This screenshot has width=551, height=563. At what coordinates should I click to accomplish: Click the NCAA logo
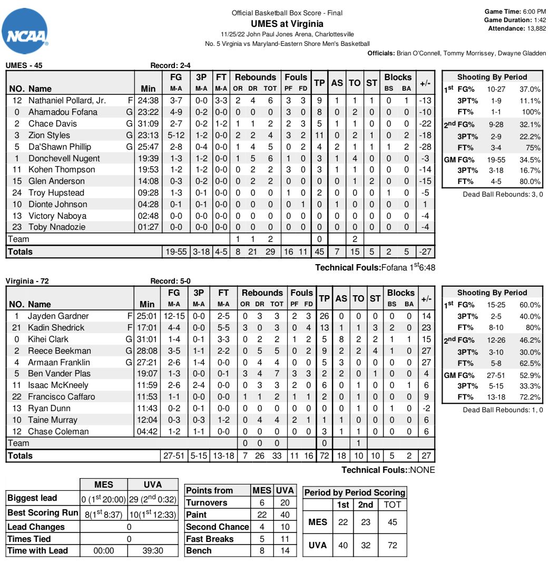[25, 31]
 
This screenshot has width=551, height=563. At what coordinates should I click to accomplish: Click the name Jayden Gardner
[58, 316]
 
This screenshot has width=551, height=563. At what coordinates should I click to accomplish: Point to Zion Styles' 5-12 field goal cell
[175, 135]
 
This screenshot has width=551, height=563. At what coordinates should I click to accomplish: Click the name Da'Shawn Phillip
[60, 147]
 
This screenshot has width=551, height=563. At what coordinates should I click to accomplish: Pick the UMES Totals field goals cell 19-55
[175, 252]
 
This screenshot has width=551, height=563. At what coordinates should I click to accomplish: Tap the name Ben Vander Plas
[59, 374]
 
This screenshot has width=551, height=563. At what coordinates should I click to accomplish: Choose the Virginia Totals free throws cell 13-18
[224, 456]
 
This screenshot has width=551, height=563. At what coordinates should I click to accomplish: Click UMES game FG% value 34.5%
[529, 160]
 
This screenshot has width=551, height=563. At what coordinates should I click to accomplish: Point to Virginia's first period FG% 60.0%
[529, 305]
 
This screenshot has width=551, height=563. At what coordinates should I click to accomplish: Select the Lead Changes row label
[36, 527]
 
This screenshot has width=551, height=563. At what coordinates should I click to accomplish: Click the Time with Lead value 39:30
[153, 550]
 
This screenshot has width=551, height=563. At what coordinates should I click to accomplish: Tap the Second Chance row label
[217, 527]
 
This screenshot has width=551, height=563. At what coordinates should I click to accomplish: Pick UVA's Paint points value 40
[284, 515]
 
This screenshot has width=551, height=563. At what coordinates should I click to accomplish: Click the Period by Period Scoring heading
[355, 492]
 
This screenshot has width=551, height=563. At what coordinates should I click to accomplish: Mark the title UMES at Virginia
[287, 24]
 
